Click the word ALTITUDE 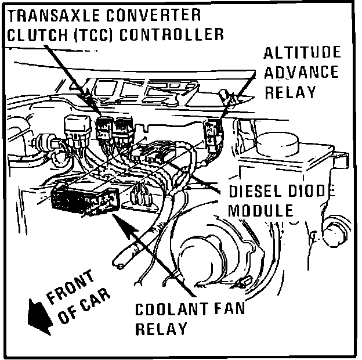pos(302,53)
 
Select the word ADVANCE pos(301,73)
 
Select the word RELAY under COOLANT pos(161,329)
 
